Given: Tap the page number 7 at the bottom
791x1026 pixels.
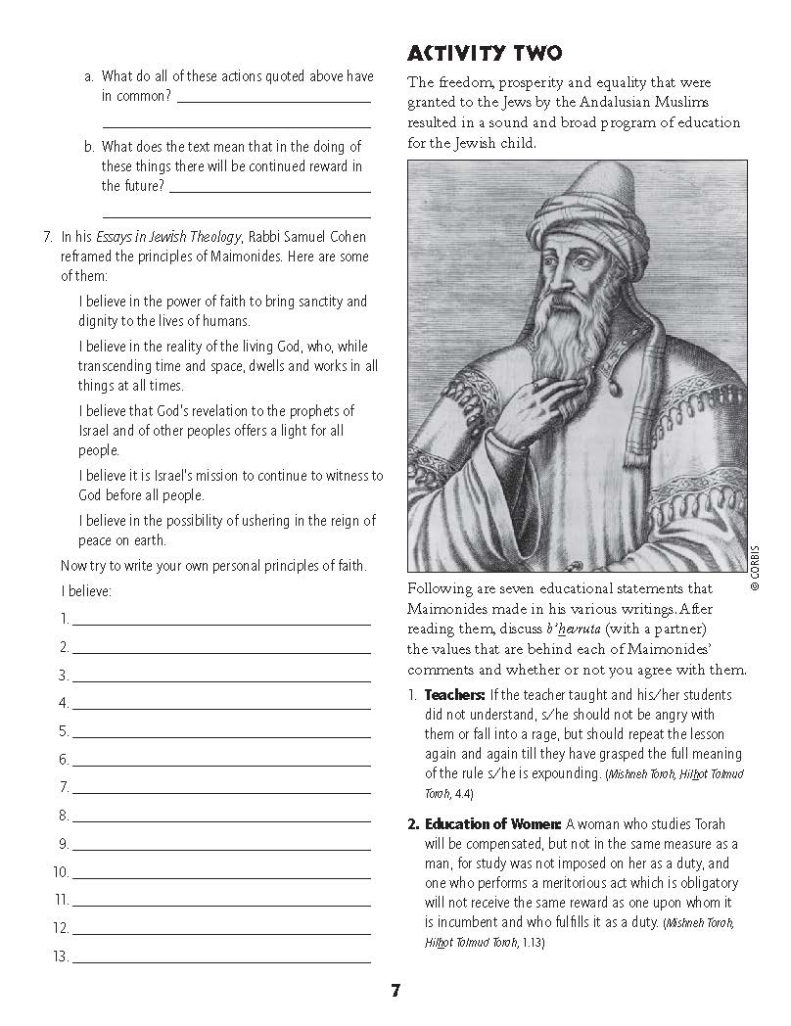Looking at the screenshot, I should click(395, 990).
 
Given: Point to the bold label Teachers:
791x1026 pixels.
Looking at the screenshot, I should click(451, 696).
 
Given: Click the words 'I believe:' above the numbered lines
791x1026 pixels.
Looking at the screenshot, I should click(86, 592).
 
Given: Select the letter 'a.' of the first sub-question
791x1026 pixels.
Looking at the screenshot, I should click(89, 77).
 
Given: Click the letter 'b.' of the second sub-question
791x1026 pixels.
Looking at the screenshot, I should click(89, 147).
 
